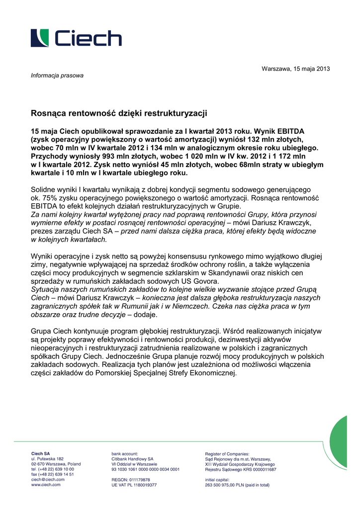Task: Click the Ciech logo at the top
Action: click(76, 38)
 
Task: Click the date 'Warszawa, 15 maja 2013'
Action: click(295, 69)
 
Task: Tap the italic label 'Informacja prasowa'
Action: click(57, 76)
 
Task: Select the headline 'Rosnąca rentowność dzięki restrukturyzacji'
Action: click(119, 113)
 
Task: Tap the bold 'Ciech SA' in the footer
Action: click(41, 453)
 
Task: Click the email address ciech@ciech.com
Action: click(48, 479)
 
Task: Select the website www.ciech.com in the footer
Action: click(46, 485)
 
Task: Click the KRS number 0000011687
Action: click(260, 469)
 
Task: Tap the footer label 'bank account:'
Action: click(125, 453)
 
